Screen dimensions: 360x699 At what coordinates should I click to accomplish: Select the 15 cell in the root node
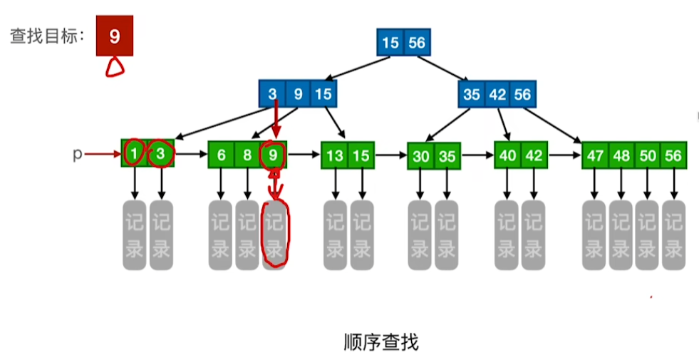click(x=390, y=43)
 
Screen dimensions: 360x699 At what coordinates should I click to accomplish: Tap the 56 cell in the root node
click(x=417, y=43)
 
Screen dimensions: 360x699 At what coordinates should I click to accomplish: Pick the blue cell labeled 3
click(x=272, y=93)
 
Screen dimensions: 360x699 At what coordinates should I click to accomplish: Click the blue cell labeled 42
click(x=496, y=94)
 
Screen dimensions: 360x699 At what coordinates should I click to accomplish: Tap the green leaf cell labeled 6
click(x=222, y=155)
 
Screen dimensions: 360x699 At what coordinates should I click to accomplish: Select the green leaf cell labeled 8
click(x=247, y=155)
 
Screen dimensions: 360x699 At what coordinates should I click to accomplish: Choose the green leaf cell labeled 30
click(x=421, y=156)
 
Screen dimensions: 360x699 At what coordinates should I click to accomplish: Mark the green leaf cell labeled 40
click(x=507, y=155)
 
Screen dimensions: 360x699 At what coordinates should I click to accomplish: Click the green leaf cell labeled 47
click(x=595, y=155)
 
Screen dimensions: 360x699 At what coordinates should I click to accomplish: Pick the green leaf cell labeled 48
click(x=621, y=155)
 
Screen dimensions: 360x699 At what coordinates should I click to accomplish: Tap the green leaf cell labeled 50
click(x=647, y=155)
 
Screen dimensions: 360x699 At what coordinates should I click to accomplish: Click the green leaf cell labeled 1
click(x=134, y=153)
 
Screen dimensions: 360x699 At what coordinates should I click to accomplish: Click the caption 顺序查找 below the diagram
click(x=380, y=342)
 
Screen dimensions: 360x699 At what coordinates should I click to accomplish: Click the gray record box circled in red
click(x=274, y=235)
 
